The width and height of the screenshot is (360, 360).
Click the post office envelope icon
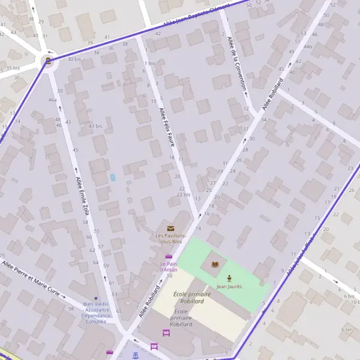170,228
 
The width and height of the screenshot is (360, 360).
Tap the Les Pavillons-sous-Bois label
169,238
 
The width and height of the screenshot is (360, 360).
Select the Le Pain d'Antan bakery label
169,266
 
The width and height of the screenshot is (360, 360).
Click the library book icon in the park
215,263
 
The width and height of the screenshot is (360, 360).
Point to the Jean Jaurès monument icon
229,278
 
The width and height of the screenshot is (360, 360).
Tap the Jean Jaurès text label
229,287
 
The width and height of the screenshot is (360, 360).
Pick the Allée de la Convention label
238,62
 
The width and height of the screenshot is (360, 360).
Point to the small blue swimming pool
112,178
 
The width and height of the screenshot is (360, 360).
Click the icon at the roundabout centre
47,61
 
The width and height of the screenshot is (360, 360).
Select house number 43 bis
95,126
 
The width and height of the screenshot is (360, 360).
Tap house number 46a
53,100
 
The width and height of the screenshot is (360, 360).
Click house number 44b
308,46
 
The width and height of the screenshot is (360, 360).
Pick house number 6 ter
346,329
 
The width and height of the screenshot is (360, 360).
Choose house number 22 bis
184,194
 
